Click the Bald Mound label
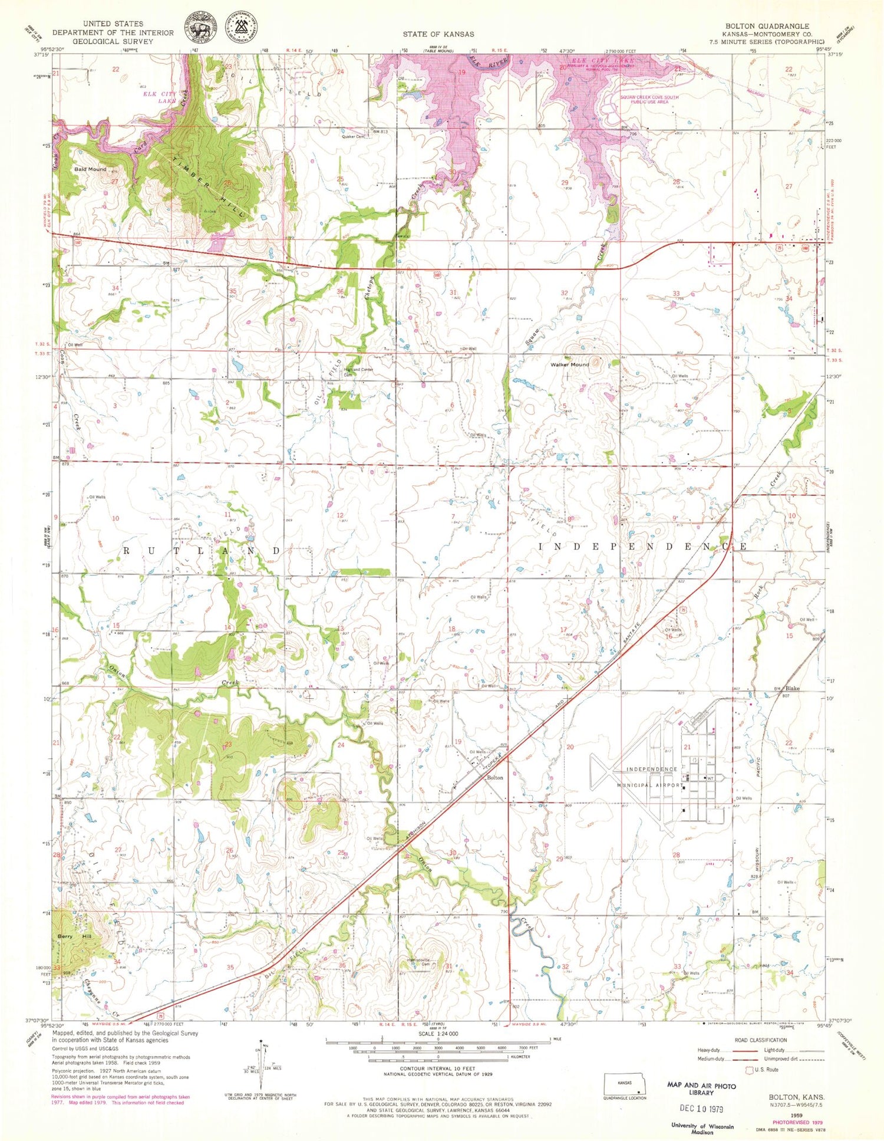(90, 169)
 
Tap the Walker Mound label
(569, 364)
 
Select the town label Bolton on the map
(495, 778)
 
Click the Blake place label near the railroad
(793, 688)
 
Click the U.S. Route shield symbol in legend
(750, 1069)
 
